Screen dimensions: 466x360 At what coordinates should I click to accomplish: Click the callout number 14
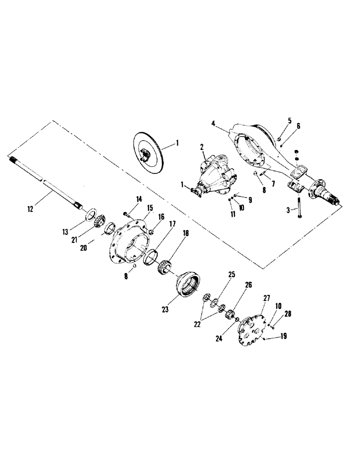click(138, 200)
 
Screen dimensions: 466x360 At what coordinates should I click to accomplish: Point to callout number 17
click(172, 224)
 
